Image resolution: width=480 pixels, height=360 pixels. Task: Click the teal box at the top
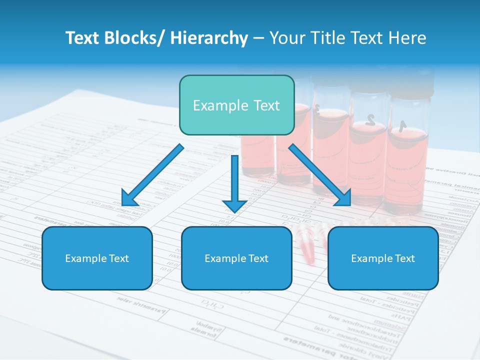236,105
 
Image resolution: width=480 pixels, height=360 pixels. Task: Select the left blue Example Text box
97,258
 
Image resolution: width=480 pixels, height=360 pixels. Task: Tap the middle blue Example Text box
236,258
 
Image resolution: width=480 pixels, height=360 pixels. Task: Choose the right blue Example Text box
383,258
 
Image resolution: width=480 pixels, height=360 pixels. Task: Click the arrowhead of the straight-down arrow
234,204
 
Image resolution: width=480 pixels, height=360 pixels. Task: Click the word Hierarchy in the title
209,38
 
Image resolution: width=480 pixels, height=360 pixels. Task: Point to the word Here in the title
407,38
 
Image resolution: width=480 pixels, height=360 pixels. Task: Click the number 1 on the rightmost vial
403,125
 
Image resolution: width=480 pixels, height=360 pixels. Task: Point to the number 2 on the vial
370,119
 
